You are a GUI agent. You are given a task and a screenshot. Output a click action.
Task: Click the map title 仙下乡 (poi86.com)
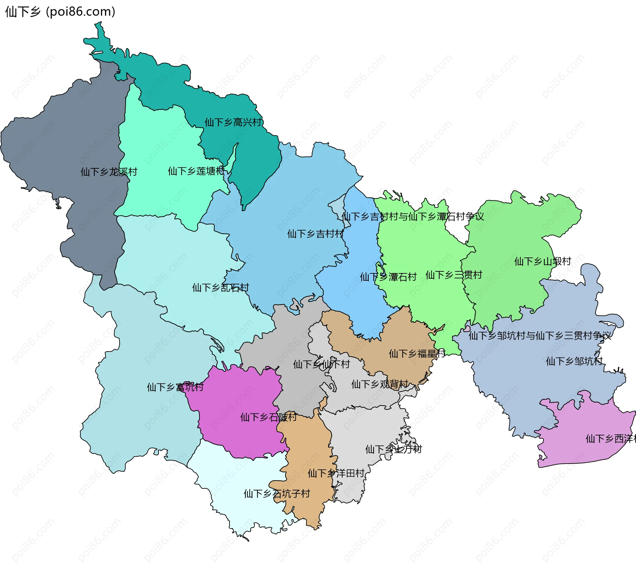tap(60, 12)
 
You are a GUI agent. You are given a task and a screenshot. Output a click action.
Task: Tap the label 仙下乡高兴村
tap(233, 122)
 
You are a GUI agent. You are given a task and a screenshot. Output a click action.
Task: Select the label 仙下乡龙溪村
tap(109, 172)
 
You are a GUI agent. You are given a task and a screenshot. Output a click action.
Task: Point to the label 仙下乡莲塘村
tap(196, 171)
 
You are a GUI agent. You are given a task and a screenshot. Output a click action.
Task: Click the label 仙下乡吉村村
tap(315, 234)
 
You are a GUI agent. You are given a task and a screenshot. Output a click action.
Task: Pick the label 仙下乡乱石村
tap(220, 287)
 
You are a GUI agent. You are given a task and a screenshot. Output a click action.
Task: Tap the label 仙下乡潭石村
tap(388, 277)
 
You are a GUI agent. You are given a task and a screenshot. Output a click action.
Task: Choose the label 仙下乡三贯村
tap(453, 275)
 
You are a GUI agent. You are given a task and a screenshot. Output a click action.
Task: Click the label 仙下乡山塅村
tap(542, 261)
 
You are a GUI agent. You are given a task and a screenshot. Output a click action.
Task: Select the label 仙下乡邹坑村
tap(574, 361)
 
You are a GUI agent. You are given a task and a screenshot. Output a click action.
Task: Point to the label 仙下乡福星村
tap(417, 354)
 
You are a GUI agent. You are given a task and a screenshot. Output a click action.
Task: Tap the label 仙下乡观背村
tap(380, 384)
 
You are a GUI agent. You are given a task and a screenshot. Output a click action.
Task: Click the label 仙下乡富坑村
tap(175, 387)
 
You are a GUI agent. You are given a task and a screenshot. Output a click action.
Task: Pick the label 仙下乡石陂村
tap(268, 417)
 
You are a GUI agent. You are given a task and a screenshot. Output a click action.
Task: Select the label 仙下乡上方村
tap(393, 449)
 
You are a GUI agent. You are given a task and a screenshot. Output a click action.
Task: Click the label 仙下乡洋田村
tap(336, 473)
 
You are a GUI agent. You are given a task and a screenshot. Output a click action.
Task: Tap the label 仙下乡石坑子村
tap(277, 494)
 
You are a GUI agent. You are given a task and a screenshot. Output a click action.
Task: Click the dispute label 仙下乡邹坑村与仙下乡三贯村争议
tap(540, 336)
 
